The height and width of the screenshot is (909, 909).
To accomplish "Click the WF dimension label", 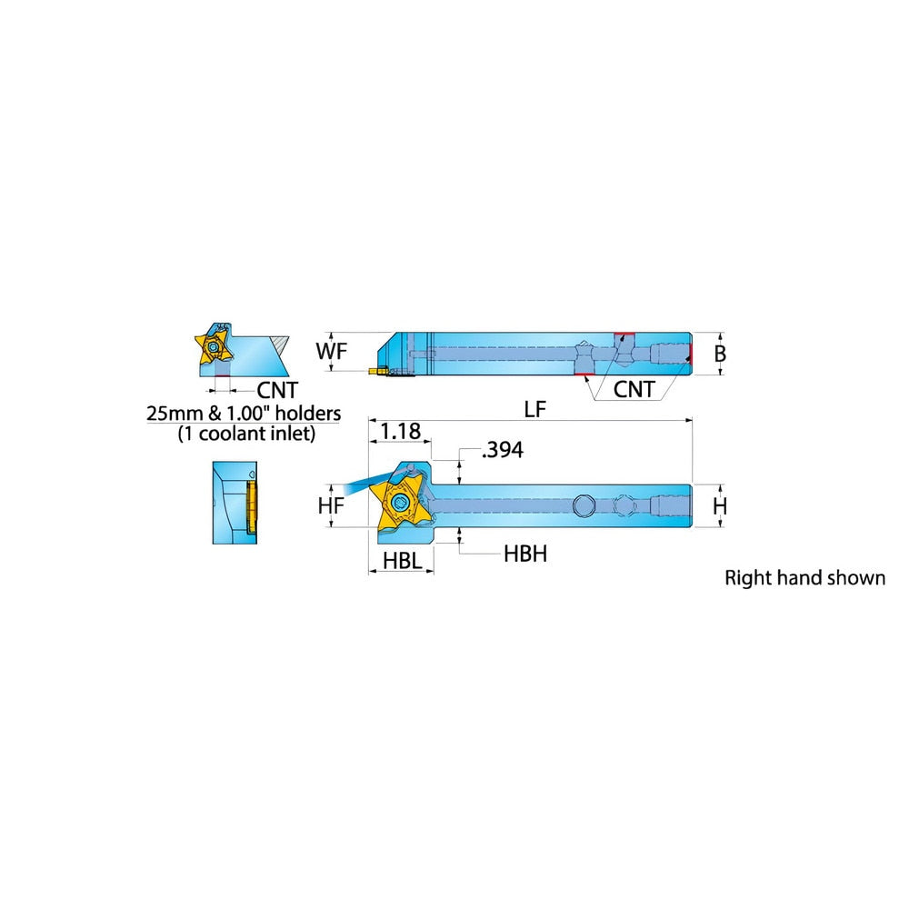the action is coord(332,351).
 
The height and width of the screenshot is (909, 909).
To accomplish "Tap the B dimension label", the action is coord(720,353).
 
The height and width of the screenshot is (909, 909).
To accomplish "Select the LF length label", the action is coord(535,409).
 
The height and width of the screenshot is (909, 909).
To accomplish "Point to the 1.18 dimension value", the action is coord(401,431).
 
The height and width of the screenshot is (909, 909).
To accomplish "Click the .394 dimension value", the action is coord(502,450).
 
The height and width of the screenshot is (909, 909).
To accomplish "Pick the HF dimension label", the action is coord(331,505).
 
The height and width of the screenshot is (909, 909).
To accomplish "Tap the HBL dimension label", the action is coord(403,560).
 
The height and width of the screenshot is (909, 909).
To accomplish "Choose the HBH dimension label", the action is coord(525,554).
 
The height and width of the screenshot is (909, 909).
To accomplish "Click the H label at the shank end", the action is coord(719,506).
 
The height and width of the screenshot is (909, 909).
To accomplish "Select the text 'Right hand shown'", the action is coord(804,577).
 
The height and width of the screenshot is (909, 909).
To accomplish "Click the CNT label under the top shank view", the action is coord(634,389).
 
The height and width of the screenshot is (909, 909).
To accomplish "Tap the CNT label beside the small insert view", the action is coord(277,390).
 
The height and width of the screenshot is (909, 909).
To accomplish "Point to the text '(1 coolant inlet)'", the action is coord(246,433).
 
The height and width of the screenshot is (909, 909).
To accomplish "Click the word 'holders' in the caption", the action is coord(308,413).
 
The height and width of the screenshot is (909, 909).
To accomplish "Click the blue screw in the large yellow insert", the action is coord(400,503).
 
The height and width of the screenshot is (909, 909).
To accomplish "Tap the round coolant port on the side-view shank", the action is coord(584,505).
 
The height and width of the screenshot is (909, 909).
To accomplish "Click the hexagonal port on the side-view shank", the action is coord(624,505).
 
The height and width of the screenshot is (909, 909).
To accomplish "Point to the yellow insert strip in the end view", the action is coord(252,503).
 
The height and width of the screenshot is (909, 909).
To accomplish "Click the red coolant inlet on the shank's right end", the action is coord(690,354).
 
